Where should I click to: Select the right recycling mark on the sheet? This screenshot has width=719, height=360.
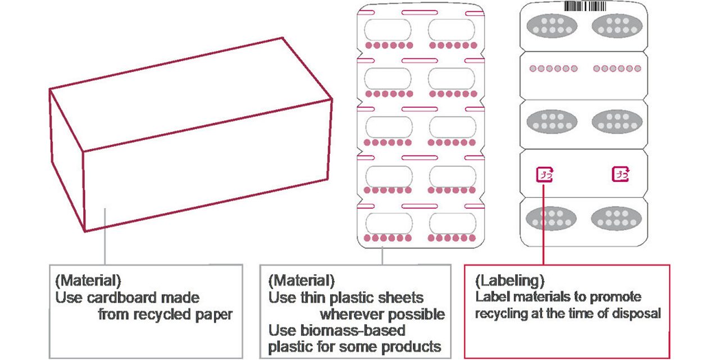[x=620, y=174]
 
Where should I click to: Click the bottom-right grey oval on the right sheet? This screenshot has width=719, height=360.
[x=617, y=218]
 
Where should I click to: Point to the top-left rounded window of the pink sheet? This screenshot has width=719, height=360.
[x=389, y=29]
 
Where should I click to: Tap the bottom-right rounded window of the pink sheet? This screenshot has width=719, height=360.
[x=452, y=223]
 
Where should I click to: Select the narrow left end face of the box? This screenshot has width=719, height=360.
[x=67, y=157]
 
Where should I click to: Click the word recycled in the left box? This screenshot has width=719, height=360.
[x=161, y=315]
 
